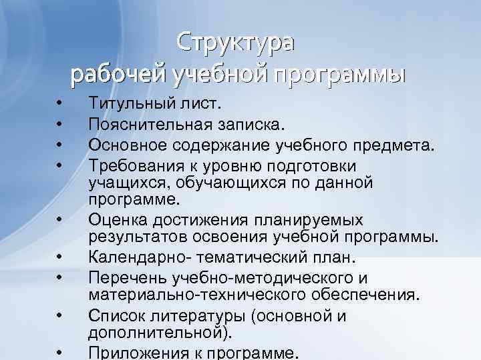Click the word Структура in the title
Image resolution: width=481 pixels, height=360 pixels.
point(234,43)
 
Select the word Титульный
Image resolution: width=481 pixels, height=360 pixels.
point(131,105)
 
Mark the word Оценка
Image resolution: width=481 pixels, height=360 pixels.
point(116,220)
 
